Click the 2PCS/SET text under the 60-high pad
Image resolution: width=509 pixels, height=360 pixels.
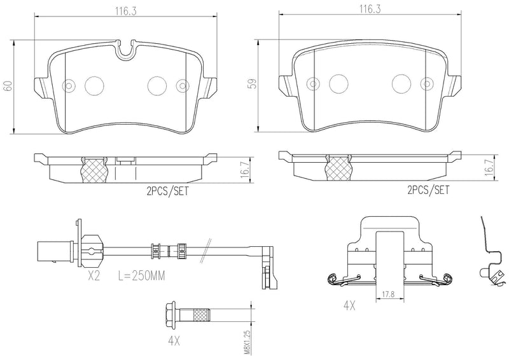[167, 190]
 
